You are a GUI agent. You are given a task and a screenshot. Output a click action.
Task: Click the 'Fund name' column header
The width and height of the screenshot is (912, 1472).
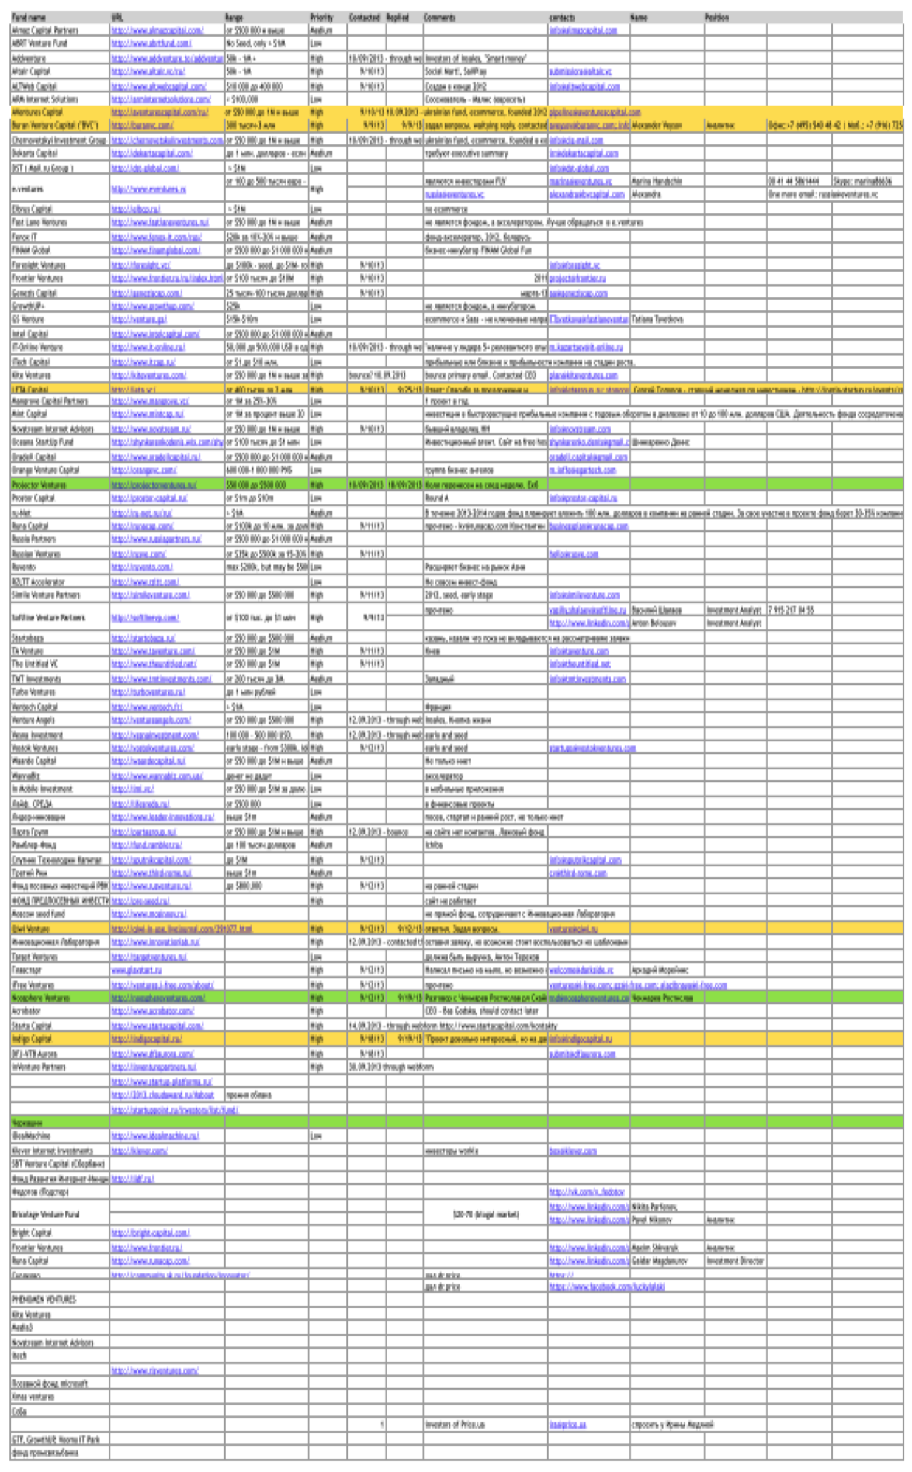(29, 18)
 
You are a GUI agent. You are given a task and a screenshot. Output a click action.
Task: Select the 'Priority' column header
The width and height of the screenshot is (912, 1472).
(321, 18)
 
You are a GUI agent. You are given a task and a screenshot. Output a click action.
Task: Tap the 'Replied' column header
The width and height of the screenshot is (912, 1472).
(397, 18)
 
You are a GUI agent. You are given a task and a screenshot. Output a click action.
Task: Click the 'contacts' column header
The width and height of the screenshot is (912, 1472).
(562, 18)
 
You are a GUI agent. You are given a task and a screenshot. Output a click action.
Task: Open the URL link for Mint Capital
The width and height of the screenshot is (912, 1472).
(147, 414)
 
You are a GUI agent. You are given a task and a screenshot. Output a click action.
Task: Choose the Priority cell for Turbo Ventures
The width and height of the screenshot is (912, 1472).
(316, 692)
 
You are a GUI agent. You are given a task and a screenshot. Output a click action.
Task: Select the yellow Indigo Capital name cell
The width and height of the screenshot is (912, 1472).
(32, 1039)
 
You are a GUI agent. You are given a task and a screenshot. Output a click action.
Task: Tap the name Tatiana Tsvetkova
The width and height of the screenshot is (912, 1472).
(657, 320)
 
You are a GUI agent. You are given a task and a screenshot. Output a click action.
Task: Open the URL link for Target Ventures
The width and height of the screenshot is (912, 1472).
(149, 957)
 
